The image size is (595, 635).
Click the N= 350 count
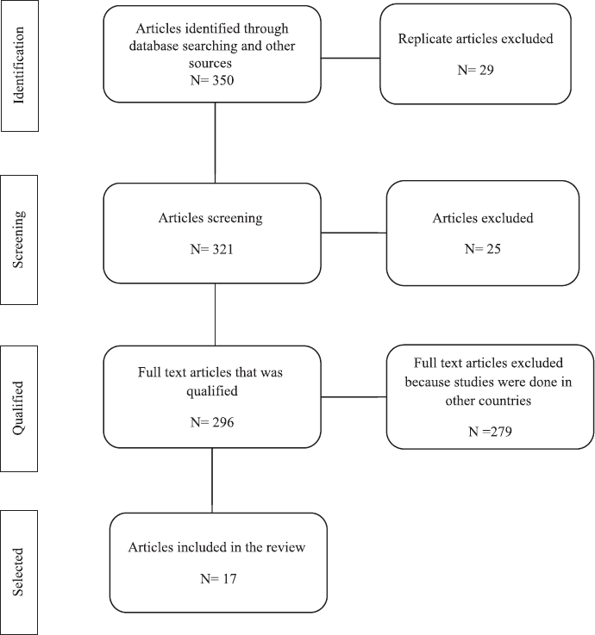(x=212, y=80)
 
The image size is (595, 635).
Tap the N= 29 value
(x=475, y=70)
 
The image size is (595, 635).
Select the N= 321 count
(x=212, y=249)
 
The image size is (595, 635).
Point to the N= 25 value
(x=482, y=248)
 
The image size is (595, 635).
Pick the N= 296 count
(x=212, y=422)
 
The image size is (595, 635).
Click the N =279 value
(x=490, y=432)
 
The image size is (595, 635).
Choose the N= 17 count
(x=218, y=578)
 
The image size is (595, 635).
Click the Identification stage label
(x=19, y=65)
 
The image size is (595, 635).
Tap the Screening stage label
(x=18, y=240)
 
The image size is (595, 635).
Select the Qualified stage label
(x=18, y=408)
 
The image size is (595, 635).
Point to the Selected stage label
(x=18, y=572)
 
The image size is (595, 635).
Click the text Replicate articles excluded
(x=475, y=39)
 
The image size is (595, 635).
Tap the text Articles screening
(x=210, y=218)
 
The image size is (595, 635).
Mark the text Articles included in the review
(x=216, y=547)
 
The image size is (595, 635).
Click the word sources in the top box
(x=210, y=63)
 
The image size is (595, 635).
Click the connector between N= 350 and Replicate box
(x=351, y=58)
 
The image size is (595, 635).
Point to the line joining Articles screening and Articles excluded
(x=354, y=233)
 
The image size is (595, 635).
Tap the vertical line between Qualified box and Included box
(x=212, y=480)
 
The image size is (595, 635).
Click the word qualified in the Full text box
(x=212, y=391)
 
